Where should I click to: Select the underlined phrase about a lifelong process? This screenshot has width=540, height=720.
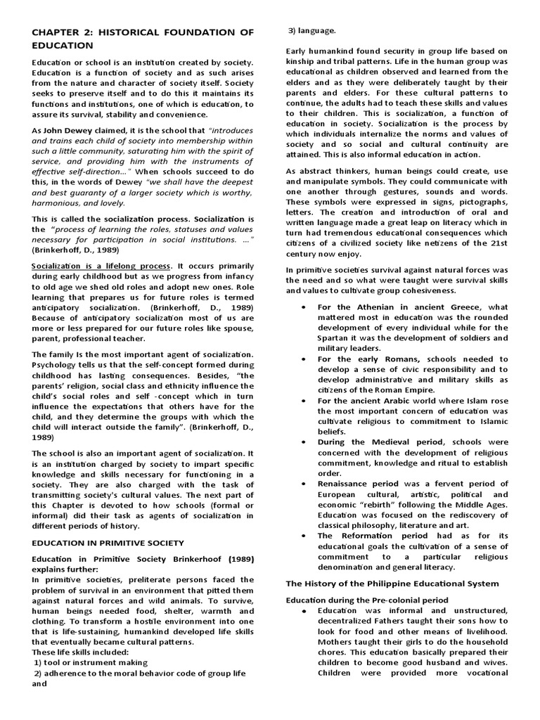101,266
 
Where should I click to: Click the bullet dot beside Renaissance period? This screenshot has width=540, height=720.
302,484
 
